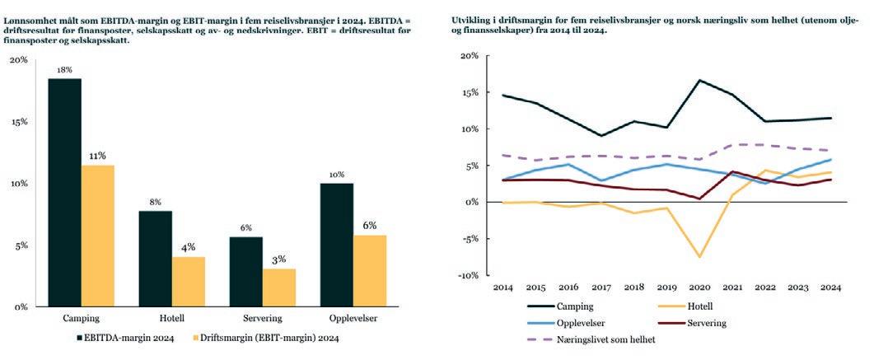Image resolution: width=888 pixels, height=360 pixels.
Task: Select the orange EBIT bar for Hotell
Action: click(189, 281)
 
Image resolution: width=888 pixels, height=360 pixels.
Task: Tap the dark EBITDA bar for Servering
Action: click(245, 271)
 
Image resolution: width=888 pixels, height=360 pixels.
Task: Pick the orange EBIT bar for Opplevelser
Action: click(370, 270)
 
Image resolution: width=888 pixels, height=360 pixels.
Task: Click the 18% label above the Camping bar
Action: click(64, 71)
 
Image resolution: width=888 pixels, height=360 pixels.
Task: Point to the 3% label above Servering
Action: click(279, 259)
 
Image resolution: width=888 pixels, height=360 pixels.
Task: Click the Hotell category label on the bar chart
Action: click(171, 318)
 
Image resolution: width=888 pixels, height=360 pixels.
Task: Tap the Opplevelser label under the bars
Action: click(353, 318)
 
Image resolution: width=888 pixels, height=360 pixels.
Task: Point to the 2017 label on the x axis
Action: click(601, 288)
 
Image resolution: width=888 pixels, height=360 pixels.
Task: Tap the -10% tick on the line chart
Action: click(467, 275)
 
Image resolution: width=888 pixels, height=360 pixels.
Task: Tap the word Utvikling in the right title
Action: click(472, 19)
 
